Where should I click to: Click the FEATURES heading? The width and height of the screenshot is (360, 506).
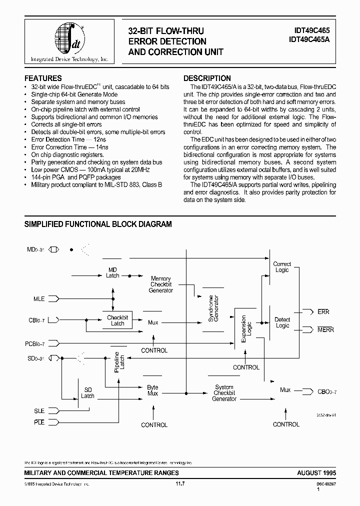coord(43,78)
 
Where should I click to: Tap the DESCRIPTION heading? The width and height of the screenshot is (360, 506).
coord(207,78)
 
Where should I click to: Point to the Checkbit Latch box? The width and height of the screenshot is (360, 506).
coord(117,320)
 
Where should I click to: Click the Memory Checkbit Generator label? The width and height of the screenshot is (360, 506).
coord(161,284)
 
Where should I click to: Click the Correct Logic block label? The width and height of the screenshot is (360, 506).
coord(282,267)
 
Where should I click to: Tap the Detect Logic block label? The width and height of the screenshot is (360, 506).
coord(282,322)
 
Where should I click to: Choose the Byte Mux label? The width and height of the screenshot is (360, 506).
coord(152,390)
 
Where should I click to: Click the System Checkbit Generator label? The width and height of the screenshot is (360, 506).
coord(224,393)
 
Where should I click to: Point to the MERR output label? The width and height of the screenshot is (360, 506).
coord(325,330)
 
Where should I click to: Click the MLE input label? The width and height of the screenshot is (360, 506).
coord(39,299)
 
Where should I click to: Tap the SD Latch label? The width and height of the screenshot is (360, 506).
coord(87,392)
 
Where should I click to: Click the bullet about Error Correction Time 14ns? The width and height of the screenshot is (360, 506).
coord(69,147)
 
